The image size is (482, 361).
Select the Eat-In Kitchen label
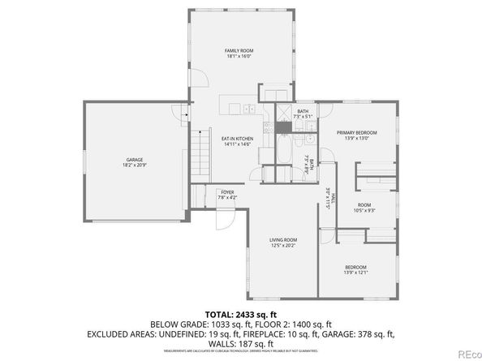pos(238,139)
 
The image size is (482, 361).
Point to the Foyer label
pos(227,192)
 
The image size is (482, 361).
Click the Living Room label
pos(283,239)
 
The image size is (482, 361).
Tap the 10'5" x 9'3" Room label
pos(365,204)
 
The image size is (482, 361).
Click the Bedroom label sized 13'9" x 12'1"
pos(356,267)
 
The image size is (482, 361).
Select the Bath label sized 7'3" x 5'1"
pos(303,112)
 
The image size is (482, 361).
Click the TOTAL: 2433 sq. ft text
pos(241,313)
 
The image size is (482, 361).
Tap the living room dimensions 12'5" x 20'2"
pos(283,246)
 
